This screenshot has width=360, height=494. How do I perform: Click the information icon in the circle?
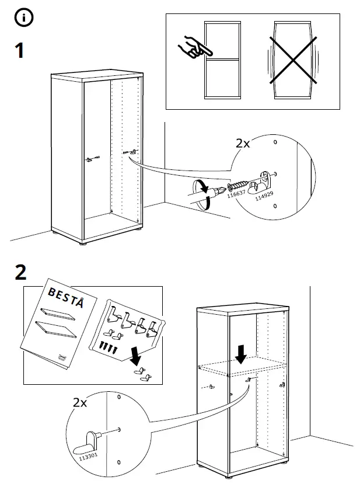pyautogui.click(x=24, y=18)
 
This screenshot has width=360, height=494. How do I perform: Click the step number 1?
pyautogui.click(x=19, y=51)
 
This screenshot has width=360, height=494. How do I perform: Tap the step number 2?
pyautogui.click(x=20, y=272)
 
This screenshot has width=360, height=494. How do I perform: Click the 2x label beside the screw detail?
pyautogui.click(x=242, y=144)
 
